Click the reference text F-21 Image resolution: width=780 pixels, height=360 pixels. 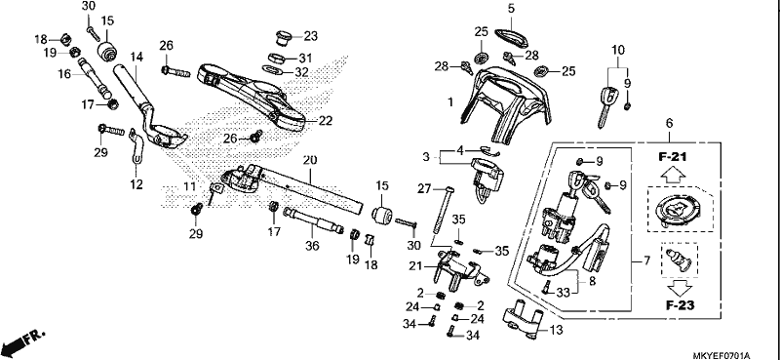point(672,157)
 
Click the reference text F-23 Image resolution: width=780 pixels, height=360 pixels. point(680,305)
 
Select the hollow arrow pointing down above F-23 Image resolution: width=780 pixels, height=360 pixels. point(680,288)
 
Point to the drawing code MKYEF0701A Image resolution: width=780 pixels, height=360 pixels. point(721,355)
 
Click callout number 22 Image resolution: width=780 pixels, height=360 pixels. point(326,121)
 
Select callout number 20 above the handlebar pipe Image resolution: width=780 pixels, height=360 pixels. point(309,160)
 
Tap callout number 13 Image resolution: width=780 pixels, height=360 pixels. point(557,330)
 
